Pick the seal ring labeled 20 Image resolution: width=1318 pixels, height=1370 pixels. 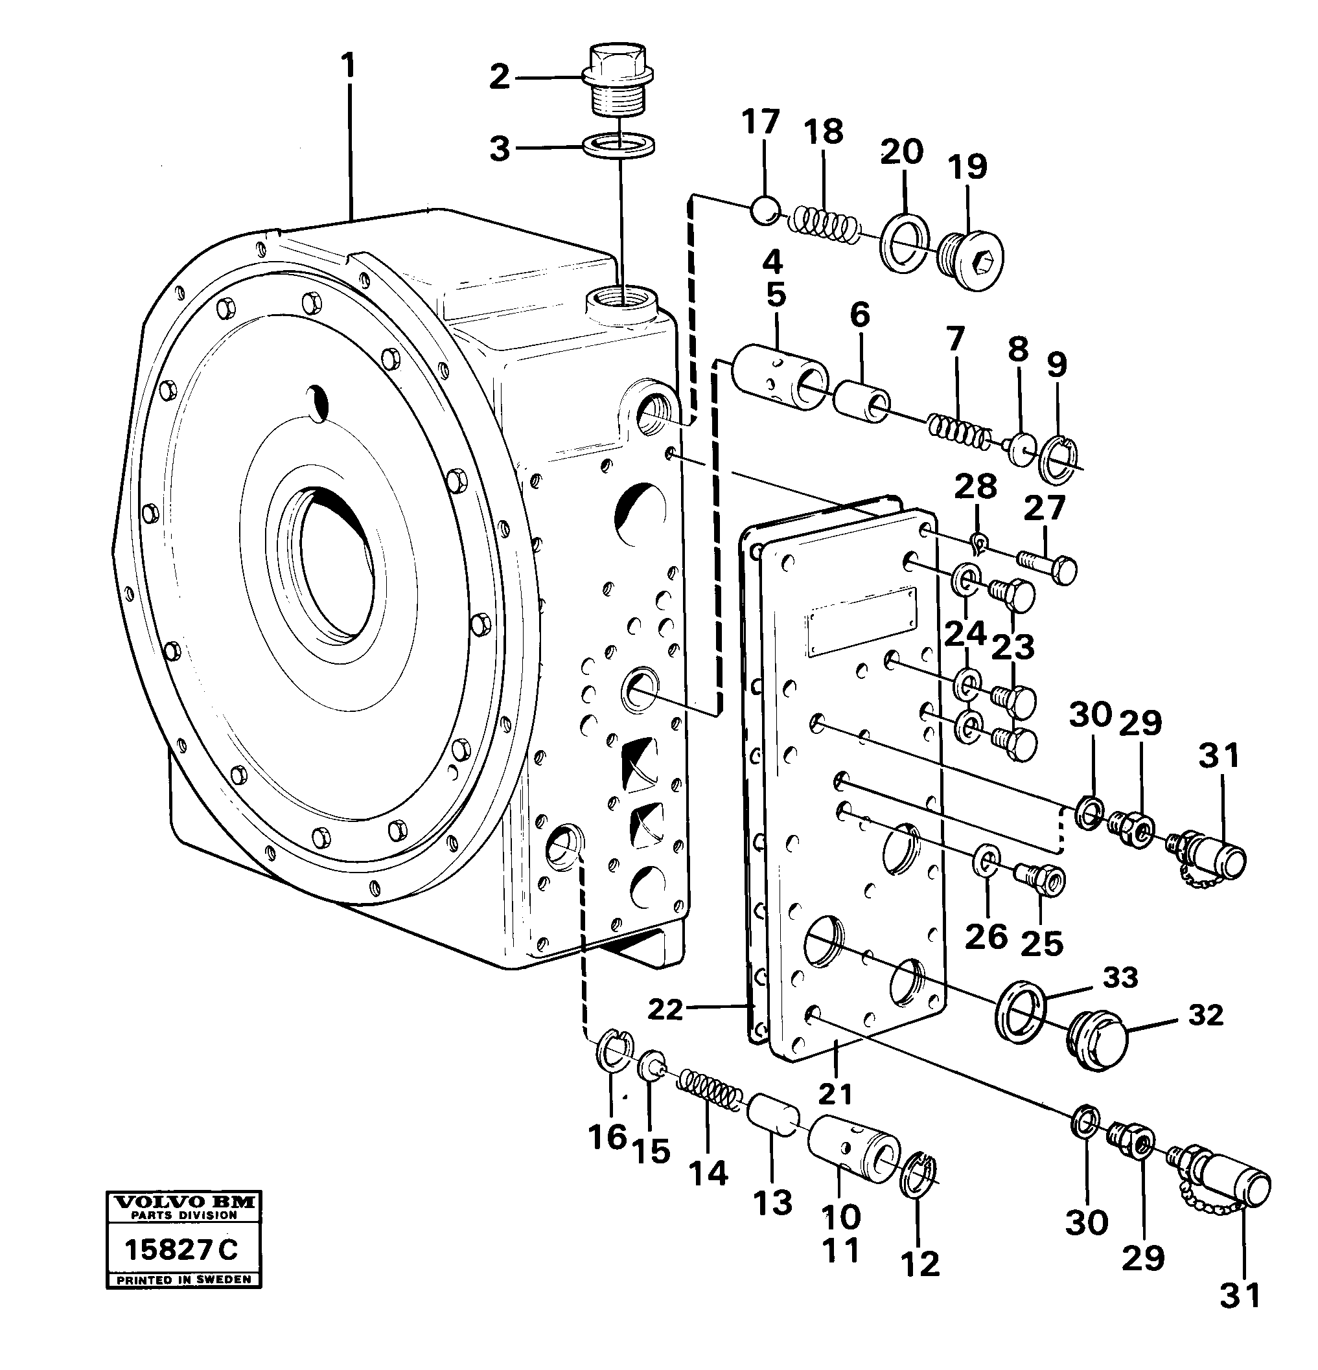[905, 242]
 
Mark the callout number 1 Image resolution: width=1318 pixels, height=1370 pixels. [348, 67]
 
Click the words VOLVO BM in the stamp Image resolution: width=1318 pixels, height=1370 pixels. [183, 1202]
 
